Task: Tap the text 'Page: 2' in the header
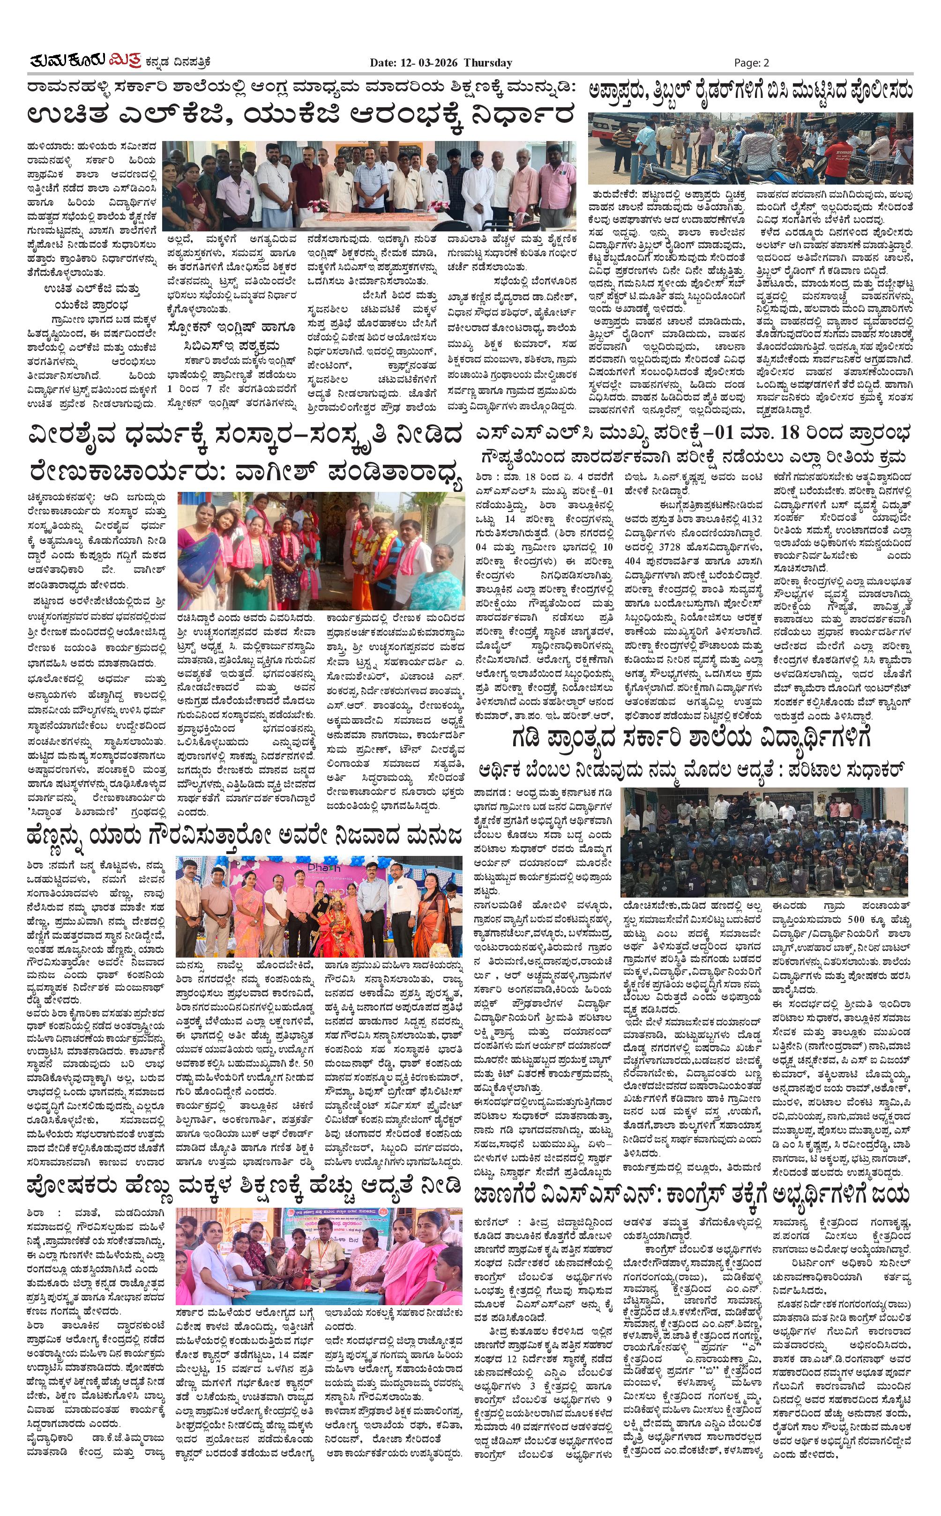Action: pyautogui.click(x=751, y=62)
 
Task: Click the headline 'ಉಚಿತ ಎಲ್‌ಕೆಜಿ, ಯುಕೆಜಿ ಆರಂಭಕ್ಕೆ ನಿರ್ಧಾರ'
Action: pyautogui.click(x=300, y=116)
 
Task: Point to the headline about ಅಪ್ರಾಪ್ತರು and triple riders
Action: pyautogui.click(x=751, y=91)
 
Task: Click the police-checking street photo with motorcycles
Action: pyautogui.click(x=751, y=148)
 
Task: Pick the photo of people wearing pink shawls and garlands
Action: pyautogui.click(x=321, y=550)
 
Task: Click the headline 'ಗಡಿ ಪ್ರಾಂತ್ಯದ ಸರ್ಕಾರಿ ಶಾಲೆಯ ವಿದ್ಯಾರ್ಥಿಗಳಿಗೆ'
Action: pyautogui.click(x=691, y=738)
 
